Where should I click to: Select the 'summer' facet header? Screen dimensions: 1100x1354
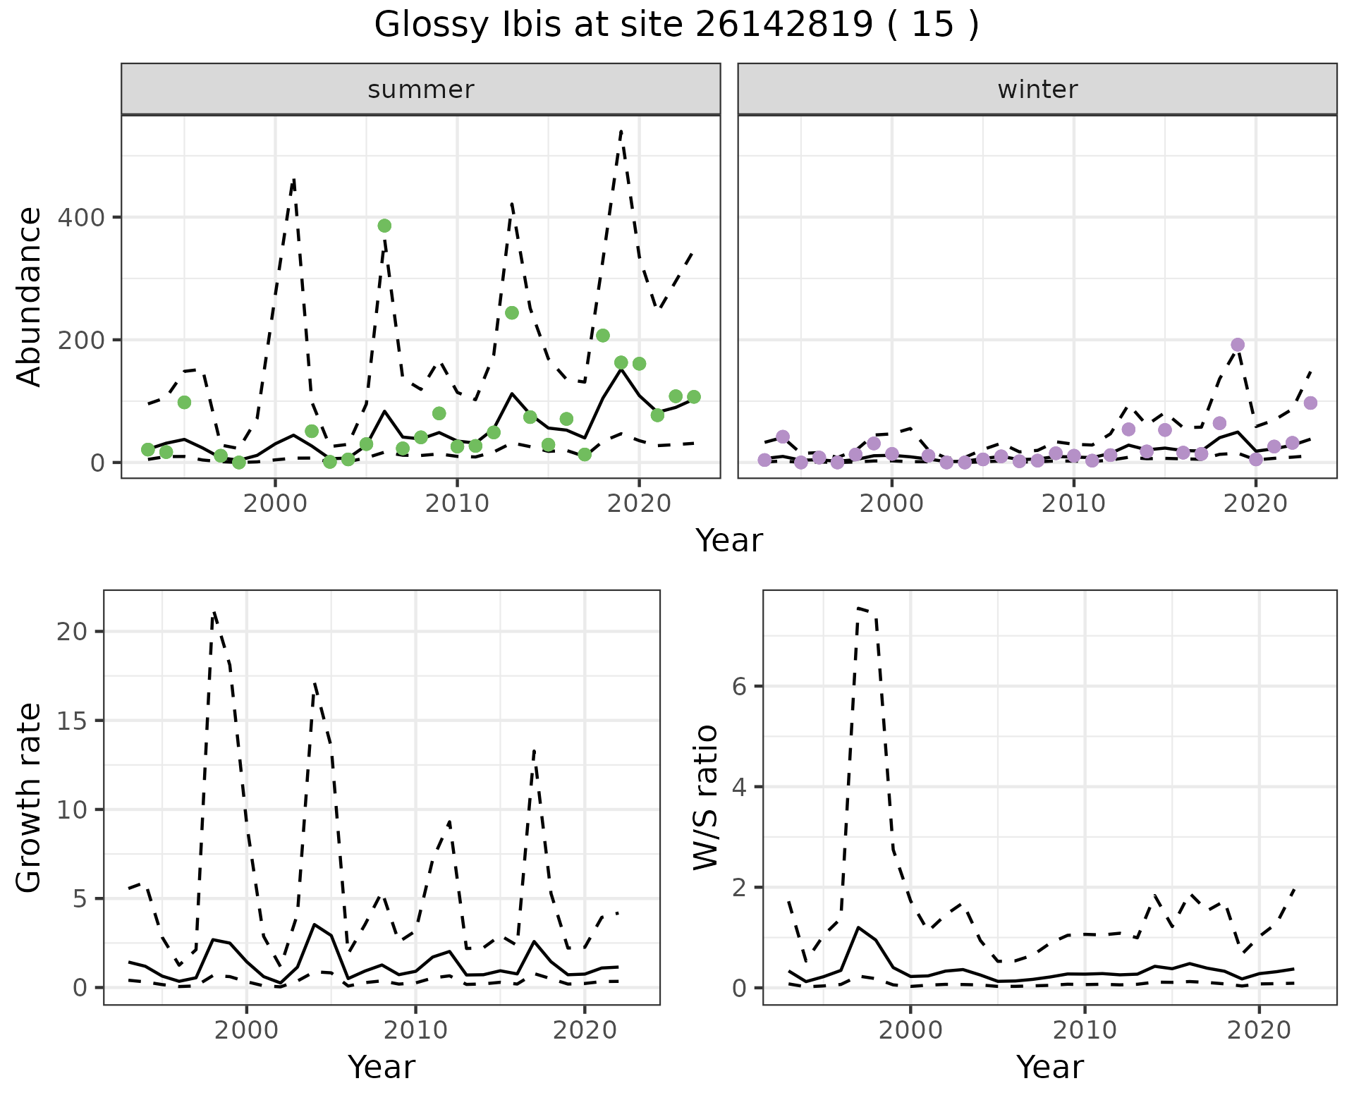[x=420, y=90]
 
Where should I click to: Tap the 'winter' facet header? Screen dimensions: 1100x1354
[x=1037, y=90]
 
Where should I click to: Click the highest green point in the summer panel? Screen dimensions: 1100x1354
[x=384, y=226]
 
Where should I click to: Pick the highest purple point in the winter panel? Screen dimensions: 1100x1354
[x=1238, y=345]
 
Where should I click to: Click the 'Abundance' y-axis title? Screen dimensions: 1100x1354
[x=30, y=296]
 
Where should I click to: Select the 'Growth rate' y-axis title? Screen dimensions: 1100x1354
[x=30, y=798]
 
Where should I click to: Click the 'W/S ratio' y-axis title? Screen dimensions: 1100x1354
[x=705, y=797]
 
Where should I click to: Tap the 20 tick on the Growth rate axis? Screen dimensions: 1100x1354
[x=73, y=631]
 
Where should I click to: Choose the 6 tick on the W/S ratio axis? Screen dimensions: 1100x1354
[x=739, y=686]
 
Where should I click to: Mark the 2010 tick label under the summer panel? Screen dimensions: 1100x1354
[x=457, y=504]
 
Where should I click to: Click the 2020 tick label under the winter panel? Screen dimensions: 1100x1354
[x=1255, y=504]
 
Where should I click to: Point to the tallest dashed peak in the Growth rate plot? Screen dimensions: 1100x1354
[x=214, y=612]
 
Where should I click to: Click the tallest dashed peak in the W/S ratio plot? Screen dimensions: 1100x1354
[x=858, y=607]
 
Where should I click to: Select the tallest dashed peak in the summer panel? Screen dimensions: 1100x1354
[x=621, y=130]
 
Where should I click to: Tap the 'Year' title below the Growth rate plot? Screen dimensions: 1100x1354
[x=382, y=1067]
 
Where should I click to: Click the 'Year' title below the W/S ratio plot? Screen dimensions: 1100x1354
[x=1049, y=1067]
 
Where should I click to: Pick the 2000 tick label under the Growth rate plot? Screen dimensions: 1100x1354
[x=246, y=1030]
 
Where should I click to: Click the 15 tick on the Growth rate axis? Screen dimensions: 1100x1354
[x=73, y=721]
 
